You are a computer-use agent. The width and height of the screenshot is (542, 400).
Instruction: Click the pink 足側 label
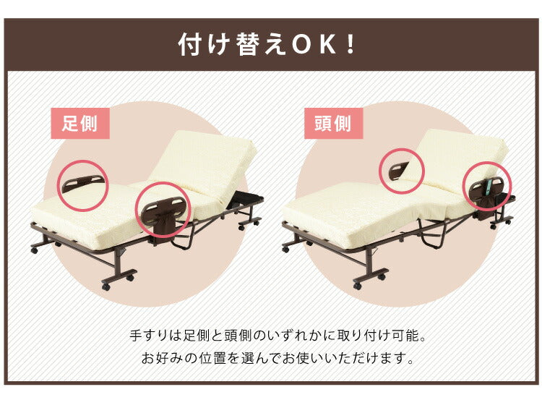point(79,123)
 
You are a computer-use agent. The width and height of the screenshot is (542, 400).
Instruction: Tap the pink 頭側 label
point(332,123)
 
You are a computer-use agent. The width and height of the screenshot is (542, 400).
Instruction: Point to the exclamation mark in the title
point(350,45)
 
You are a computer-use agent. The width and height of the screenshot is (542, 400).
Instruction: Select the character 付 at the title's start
point(190,45)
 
